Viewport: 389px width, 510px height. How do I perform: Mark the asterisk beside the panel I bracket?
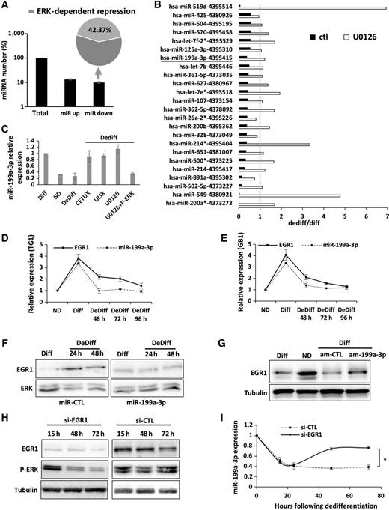382,451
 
